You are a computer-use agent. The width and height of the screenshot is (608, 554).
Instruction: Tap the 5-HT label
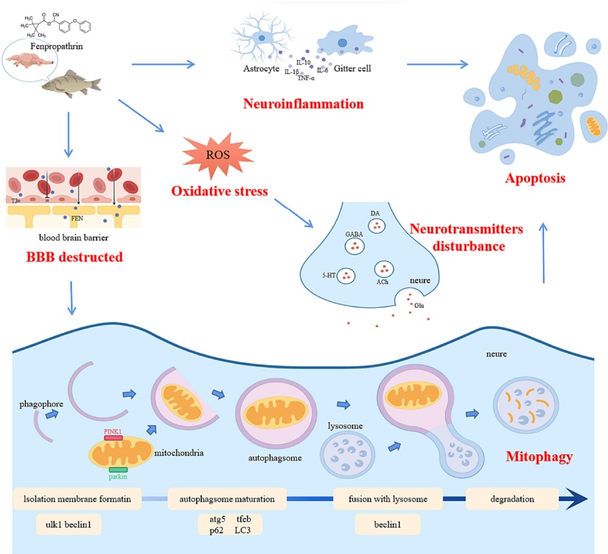330,275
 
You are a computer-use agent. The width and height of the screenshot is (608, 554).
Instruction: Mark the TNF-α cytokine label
308,78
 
